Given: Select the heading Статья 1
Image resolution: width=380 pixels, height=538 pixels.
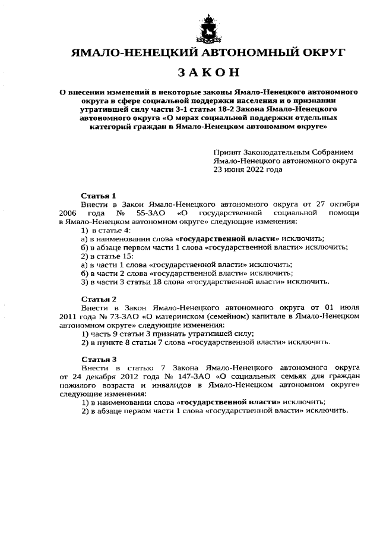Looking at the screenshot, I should click(x=99, y=195).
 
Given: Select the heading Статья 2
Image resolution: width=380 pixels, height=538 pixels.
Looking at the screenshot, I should click(x=99, y=298).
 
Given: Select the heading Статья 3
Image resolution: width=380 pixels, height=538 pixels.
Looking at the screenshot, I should click(x=99, y=359).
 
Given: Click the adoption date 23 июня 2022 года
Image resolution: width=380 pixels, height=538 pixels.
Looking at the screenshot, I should click(x=248, y=169).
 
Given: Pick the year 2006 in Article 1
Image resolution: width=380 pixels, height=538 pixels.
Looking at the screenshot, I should click(x=69, y=212).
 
